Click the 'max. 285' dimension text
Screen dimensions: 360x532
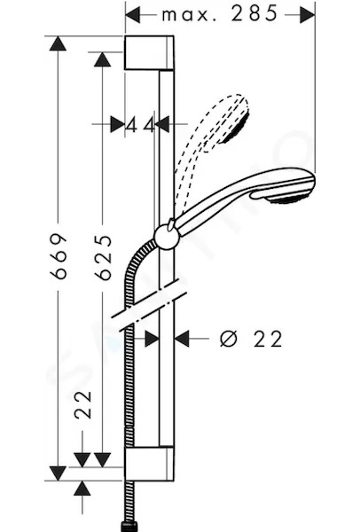220,14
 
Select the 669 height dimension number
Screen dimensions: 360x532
58,256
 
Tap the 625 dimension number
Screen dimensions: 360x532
103,257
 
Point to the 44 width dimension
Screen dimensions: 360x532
140,126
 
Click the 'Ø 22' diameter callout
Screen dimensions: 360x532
251,339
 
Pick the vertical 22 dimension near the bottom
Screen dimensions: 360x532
83,405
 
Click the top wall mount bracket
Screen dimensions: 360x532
149,52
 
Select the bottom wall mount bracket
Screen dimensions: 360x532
149,464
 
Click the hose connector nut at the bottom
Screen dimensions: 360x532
129,526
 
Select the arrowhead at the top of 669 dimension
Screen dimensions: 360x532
58,43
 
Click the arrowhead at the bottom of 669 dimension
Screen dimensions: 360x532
58,473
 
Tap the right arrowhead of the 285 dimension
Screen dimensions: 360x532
308,14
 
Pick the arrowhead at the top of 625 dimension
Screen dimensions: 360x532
103,59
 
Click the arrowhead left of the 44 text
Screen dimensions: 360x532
117,124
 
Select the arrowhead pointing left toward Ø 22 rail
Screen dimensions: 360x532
182,339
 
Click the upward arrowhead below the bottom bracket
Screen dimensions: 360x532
82,489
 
